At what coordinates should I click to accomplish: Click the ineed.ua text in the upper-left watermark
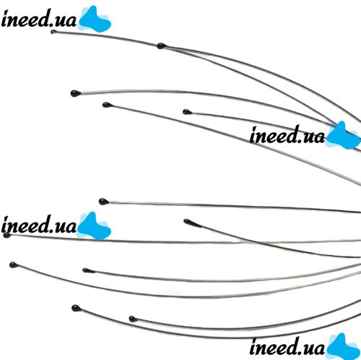point(39,18)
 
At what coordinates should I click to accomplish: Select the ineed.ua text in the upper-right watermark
point(287,134)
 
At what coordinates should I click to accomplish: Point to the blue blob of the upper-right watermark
point(343,136)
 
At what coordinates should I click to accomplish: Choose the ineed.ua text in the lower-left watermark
point(39,225)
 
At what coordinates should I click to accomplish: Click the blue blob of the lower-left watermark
point(95,226)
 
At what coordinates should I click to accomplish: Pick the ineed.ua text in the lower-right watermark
point(287,347)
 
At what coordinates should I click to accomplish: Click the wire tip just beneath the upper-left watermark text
point(53,32)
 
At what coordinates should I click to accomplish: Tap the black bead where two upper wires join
point(161,46)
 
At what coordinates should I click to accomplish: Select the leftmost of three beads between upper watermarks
point(75,93)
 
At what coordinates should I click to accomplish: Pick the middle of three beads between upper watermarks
point(107,105)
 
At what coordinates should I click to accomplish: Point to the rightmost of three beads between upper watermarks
point(187,112)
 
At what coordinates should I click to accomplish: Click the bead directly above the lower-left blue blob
point(103,201)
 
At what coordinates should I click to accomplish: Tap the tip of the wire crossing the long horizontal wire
point(186,221)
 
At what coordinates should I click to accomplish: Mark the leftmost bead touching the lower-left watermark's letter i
point(7,235)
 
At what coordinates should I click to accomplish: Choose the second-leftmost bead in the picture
point(13,265)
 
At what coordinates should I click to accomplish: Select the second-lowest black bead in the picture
point(76,308)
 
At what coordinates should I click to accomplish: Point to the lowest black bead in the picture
point(133,319)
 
